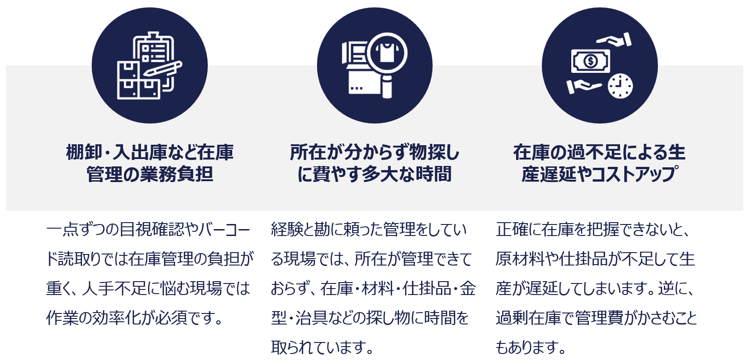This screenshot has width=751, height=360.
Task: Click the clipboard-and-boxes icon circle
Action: click(x=149, y=65)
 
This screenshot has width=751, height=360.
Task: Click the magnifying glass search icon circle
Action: click(x=375, y=65)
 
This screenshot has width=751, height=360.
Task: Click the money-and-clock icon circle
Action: click(x=599, y=65)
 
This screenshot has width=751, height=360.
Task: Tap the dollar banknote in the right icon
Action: click(x=591, y=61)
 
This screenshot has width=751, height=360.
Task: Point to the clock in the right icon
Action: click(x=620, y=85)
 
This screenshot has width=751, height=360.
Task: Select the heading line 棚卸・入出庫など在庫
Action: click(x=150, y=152)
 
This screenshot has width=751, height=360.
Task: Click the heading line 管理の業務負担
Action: click(x=150, y=174)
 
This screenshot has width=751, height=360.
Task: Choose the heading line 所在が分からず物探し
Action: click(x=375, y=152)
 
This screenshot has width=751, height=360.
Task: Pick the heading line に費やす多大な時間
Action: click(x=375, y=174)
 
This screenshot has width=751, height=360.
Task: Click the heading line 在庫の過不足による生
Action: click(x=599, y=152)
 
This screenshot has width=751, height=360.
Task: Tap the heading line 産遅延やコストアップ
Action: click(x=599, y=174)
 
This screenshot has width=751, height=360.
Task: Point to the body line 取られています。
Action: click(x=323, y=347)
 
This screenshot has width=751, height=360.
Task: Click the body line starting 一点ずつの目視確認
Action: click(x=148, y=229)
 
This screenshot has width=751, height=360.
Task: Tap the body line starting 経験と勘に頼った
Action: click(x=369, y=229)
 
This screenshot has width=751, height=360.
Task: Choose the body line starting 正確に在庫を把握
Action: click(x=593, y=229)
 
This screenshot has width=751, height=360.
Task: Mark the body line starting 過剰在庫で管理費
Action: click(x=596, y=318)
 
